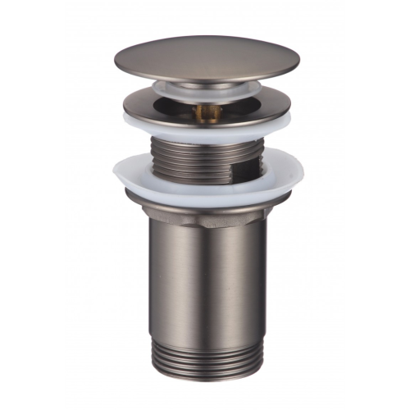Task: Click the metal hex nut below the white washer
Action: pos(205,206)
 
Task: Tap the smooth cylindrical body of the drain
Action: pos(205,271)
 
